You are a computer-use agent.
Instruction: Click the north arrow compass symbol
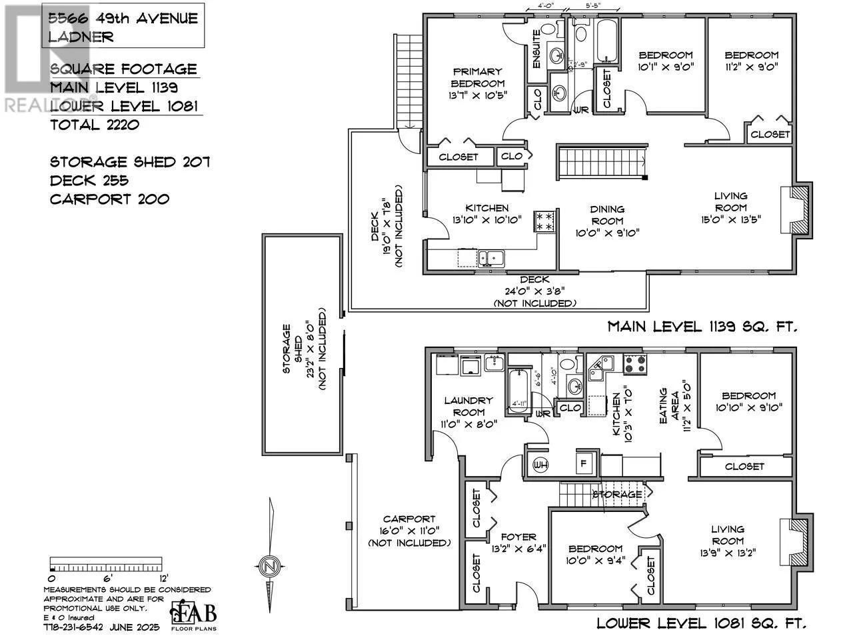point(269,565)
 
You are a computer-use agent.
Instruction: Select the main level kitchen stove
point(543,222)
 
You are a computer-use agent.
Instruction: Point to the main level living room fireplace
point(797,209)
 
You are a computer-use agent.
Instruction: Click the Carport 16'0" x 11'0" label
point(409,531)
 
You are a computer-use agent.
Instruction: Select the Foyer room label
point(518,537)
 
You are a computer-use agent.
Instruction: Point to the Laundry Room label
point(468,406)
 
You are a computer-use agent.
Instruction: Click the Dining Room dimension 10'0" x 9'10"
point(606,233)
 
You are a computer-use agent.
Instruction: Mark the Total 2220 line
point(95,124)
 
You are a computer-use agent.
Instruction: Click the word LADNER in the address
point(80,37)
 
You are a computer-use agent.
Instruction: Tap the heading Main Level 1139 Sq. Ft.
point(702,327)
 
